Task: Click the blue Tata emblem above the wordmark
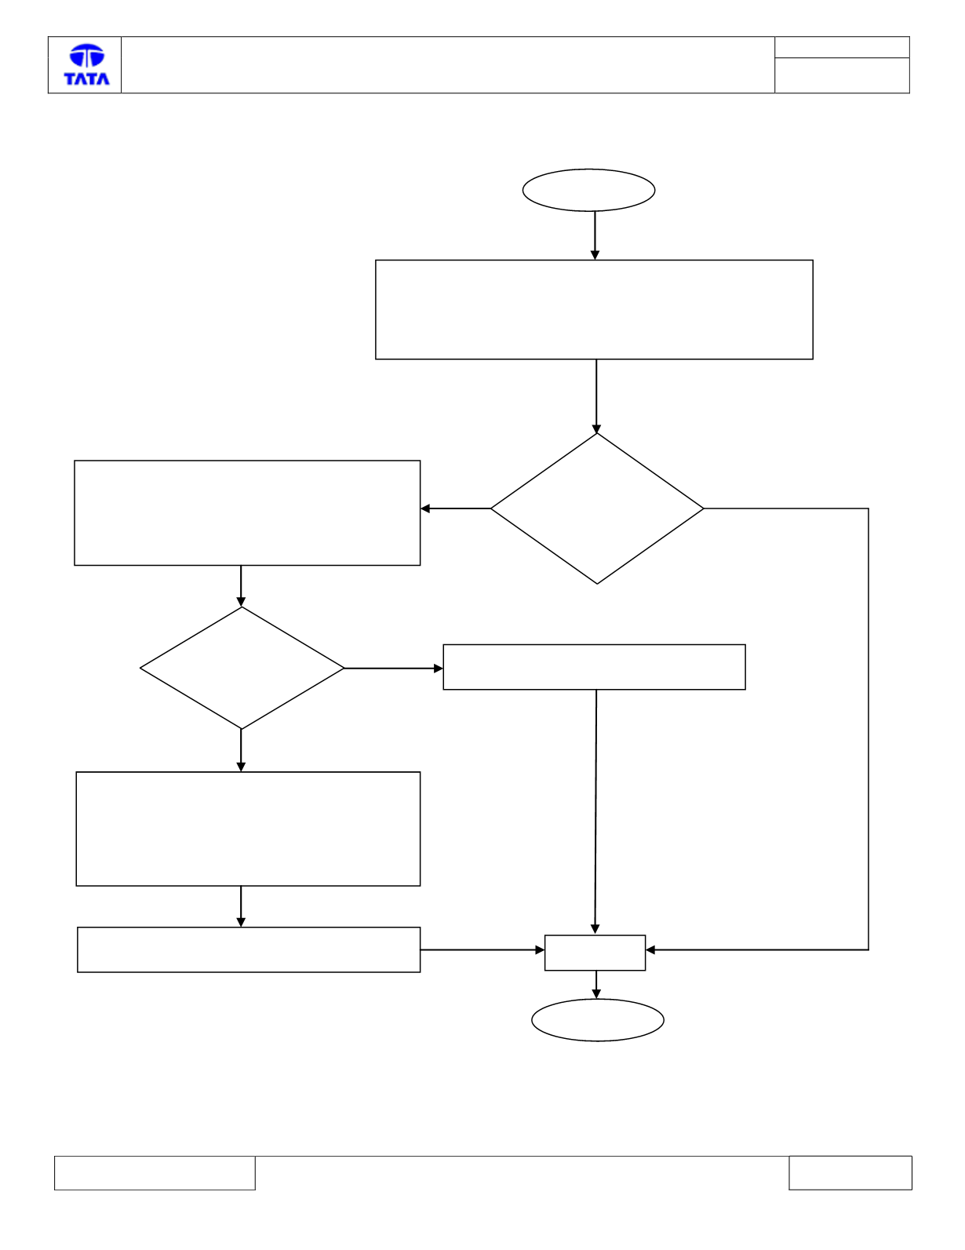tap(87, 55)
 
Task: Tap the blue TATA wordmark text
tap(87, 78)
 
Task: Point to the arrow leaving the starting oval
tap(595, 235)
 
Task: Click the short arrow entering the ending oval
tap(596, 984)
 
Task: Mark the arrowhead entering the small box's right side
tap(650, 949)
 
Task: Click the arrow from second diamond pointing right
tap(393, 669)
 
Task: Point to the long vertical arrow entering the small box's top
tap(595, 811)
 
